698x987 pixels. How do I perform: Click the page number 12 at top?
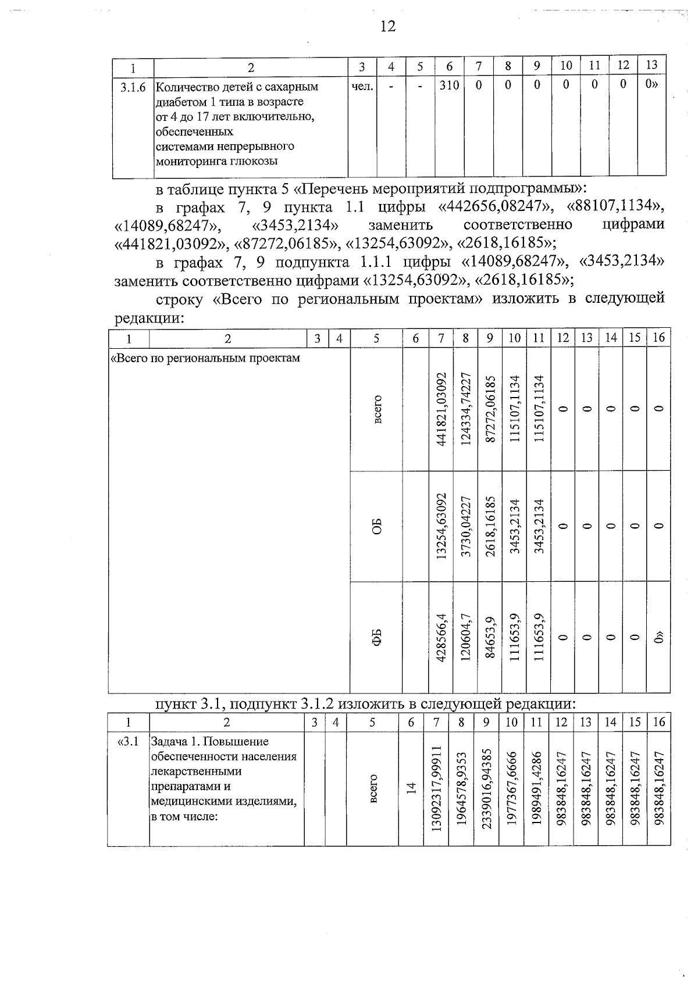tap(387, 26)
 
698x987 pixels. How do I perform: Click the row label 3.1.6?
tap(133, 87)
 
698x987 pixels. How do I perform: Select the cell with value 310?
tap(449, 85)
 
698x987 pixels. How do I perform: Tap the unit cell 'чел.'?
tap(362, 86)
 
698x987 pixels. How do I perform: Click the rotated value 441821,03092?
tap(441, 409)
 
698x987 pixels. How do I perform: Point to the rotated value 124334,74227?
tap(465, 409)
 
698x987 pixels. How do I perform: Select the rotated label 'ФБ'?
tap(376, 637)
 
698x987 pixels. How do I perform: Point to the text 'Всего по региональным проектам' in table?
tap(205, 358)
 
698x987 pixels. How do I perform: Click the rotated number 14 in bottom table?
tap(411, 788)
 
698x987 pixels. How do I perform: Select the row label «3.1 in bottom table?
tap(129, 742)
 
